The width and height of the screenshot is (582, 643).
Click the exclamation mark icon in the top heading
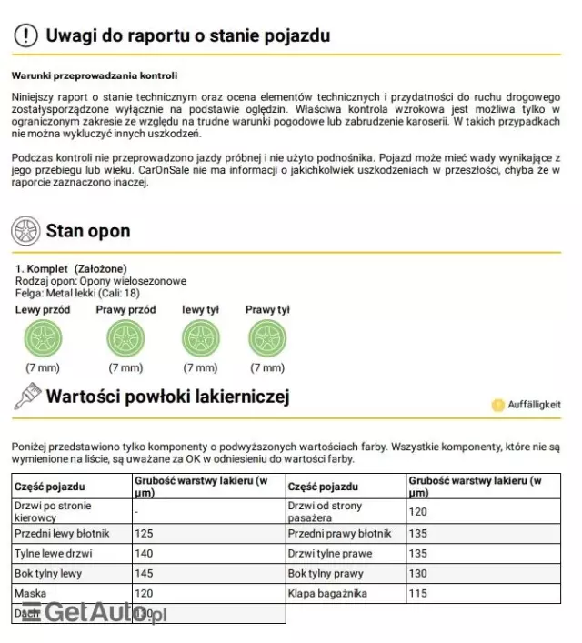(x=27, y=35)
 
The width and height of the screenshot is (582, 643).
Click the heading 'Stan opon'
(x=87, y=231)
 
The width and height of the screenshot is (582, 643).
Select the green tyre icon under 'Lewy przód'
(x=42, y=339)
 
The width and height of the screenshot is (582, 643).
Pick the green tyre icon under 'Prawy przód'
(x=125, y=339)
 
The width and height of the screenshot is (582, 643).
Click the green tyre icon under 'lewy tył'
(x=199, y=339)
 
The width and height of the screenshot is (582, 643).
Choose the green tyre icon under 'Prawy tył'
(x=266, y=339)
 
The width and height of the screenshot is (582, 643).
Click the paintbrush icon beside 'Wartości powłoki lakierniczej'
(x=25, y=396)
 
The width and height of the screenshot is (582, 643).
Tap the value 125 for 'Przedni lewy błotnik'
(x=144, y=533)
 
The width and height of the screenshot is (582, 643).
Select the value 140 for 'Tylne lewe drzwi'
(x=144, y=553)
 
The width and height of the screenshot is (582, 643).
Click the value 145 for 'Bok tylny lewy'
(x=144, y=574)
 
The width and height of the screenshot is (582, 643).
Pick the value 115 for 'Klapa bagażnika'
(x=418, y=594)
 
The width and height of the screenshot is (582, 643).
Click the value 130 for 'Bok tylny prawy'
(x=418, y=574)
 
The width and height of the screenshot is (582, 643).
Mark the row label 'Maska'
(x=30, y=594)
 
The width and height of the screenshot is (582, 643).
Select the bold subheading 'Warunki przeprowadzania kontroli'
(x=95, y=75)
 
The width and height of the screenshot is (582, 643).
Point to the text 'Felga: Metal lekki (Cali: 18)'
(x=77, y=293)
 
